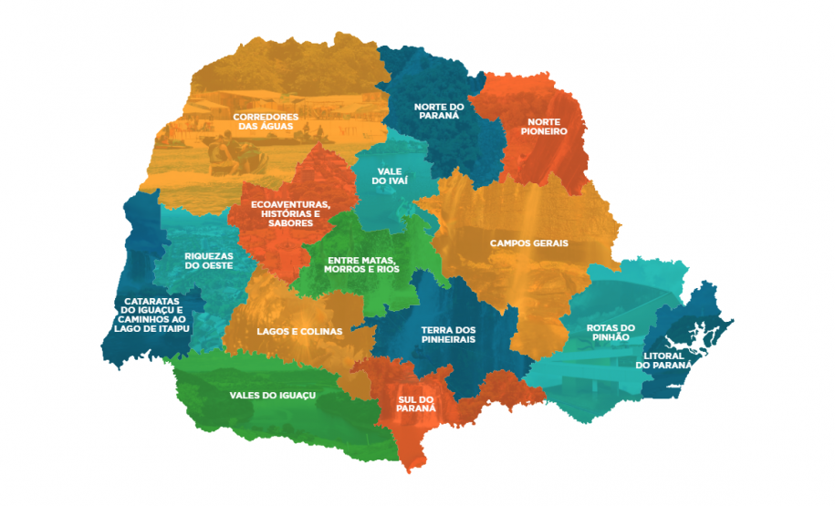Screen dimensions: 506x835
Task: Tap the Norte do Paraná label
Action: click(439, 112)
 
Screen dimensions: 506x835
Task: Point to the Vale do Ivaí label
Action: click(390, 175)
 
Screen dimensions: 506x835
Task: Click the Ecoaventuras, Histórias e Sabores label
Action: click(291, 212)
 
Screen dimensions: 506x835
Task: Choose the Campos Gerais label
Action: click(528, 243)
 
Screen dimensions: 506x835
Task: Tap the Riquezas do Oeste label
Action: click(208, 261)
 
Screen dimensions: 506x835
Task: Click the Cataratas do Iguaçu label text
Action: click(152, 315)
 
